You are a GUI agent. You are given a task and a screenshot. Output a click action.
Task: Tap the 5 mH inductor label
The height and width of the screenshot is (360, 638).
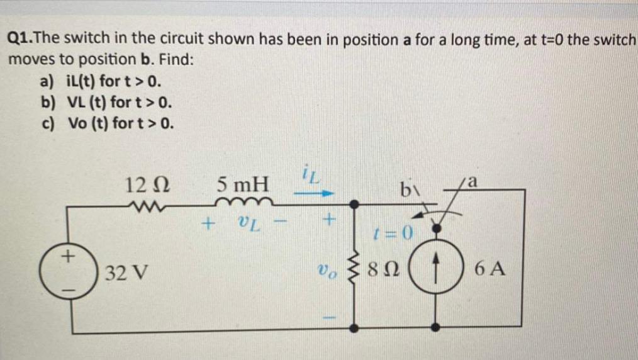pyautogui.click(x=242, y=186)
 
